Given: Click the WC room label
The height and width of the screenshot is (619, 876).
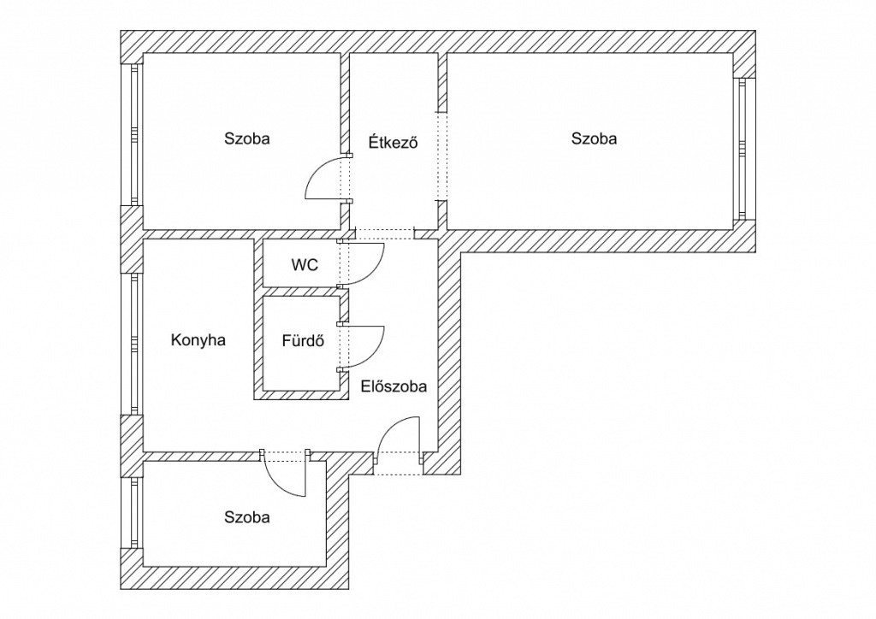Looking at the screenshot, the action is tap(305, 264).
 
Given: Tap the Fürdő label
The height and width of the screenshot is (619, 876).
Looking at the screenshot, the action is tap(303, 340).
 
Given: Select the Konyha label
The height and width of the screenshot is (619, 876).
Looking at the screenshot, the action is tap(198, 340).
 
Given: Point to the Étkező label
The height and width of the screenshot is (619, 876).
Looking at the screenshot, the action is tap(394, 142).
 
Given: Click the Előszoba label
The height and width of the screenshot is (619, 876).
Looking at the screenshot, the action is tap(394, 386).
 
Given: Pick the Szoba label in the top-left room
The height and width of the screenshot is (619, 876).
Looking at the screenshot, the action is tap(247, 139).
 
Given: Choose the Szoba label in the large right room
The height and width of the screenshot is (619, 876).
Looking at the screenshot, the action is tap(594, 139).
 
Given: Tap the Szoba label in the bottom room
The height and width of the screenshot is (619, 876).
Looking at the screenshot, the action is tap(247, 517).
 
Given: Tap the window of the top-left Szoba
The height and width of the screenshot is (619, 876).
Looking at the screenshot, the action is tap(134, 134).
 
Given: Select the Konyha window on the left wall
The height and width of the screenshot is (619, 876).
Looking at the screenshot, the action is tap(134, 344).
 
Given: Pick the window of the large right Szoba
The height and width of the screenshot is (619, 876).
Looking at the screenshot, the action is tap(742, 149).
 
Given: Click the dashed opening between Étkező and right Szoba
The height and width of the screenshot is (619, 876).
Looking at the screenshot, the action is tap(442, 156).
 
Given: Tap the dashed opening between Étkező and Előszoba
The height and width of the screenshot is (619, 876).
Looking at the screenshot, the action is tap(384, 234).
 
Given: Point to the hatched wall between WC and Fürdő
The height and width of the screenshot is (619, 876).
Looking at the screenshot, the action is tap(302, 291).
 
